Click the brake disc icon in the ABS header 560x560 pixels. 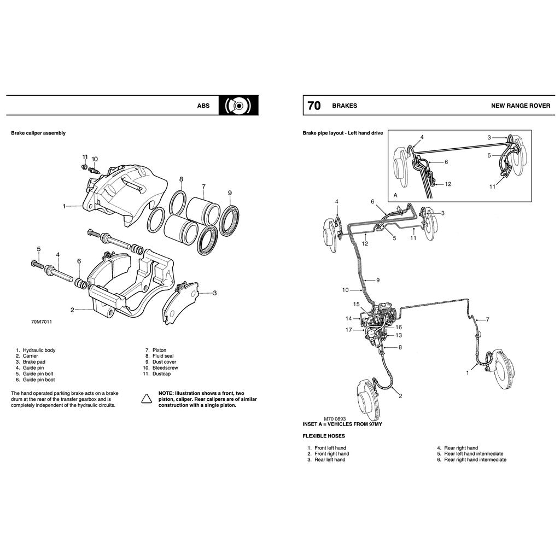point(238,106)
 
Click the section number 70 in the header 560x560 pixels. point(314,106)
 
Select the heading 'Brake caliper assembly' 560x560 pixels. point(38,133)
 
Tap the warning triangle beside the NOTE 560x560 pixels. point(147,399)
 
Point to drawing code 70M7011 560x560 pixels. point(42,322)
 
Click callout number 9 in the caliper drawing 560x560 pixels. point(230,192)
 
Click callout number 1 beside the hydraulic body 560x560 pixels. point(65,206)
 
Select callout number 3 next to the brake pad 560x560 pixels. point(214,293)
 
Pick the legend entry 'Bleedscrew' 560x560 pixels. point(165,368)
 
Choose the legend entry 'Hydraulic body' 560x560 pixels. point(39,350)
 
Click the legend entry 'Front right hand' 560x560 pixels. point(331,454)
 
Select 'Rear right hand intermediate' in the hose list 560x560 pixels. point(475,460)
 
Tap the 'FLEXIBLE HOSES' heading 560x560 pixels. point(324,436)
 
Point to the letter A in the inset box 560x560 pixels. point(395,195)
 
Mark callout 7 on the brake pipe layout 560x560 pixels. point(487,319)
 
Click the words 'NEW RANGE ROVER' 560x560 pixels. point(520,106)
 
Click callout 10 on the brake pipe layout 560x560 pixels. point(345,290)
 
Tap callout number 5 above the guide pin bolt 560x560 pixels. point(38,249)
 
